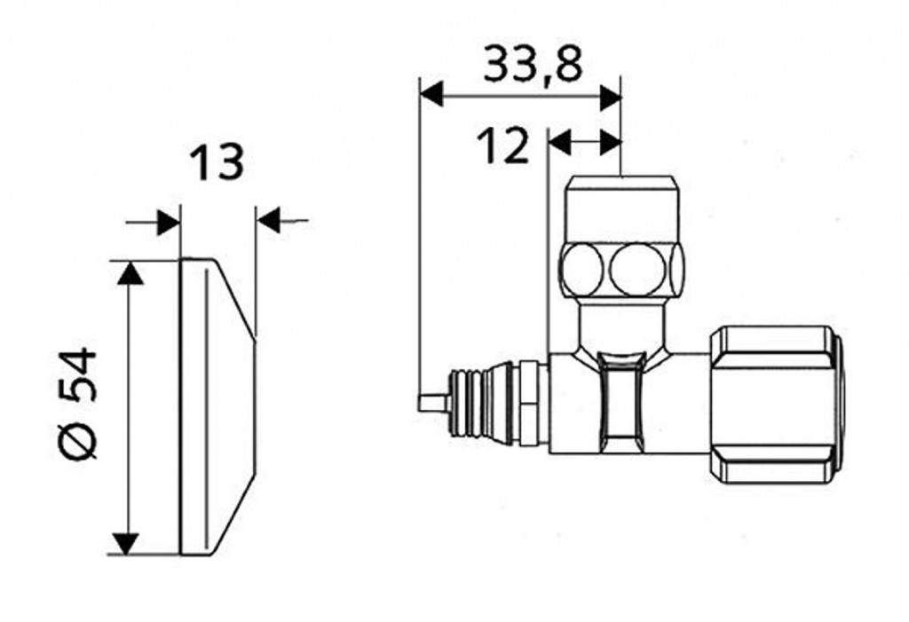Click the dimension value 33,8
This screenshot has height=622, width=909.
533,64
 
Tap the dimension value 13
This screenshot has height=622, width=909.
217,162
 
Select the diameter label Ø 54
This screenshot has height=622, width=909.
79,403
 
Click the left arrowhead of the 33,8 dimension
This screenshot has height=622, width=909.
431,95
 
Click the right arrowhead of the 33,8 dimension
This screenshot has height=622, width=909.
610,97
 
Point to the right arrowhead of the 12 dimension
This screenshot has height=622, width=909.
611,142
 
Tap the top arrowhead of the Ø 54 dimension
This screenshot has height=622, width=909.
130,273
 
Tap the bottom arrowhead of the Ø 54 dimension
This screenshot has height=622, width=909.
126,542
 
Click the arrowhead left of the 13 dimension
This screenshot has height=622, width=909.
169,222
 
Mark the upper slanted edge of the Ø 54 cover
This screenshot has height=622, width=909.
234,297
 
